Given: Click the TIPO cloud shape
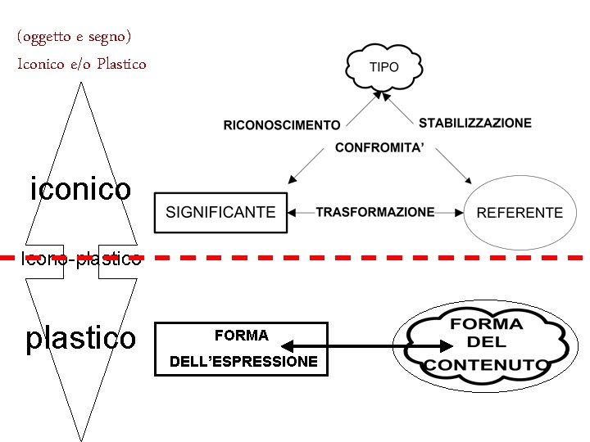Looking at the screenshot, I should coord(384,67).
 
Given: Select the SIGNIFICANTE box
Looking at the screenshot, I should coord(220,212).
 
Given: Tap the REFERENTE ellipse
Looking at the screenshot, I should coord(520,212).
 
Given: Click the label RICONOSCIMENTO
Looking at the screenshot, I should coord(282,125).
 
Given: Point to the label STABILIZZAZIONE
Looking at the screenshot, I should coord(474,123).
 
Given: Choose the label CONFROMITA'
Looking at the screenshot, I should coord(379,148).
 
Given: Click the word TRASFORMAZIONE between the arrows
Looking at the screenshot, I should coord(375,212).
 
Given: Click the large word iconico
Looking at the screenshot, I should coord(80,189).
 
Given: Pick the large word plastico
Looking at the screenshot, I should coord(80,337).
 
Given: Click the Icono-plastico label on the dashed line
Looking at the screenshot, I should coord(80,260).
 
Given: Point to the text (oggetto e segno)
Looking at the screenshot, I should coord(74,37).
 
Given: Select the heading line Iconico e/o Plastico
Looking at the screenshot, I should coord(82,63).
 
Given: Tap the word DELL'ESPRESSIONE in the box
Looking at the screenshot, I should coord(243,361).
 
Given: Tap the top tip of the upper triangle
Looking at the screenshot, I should coord(79,84).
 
